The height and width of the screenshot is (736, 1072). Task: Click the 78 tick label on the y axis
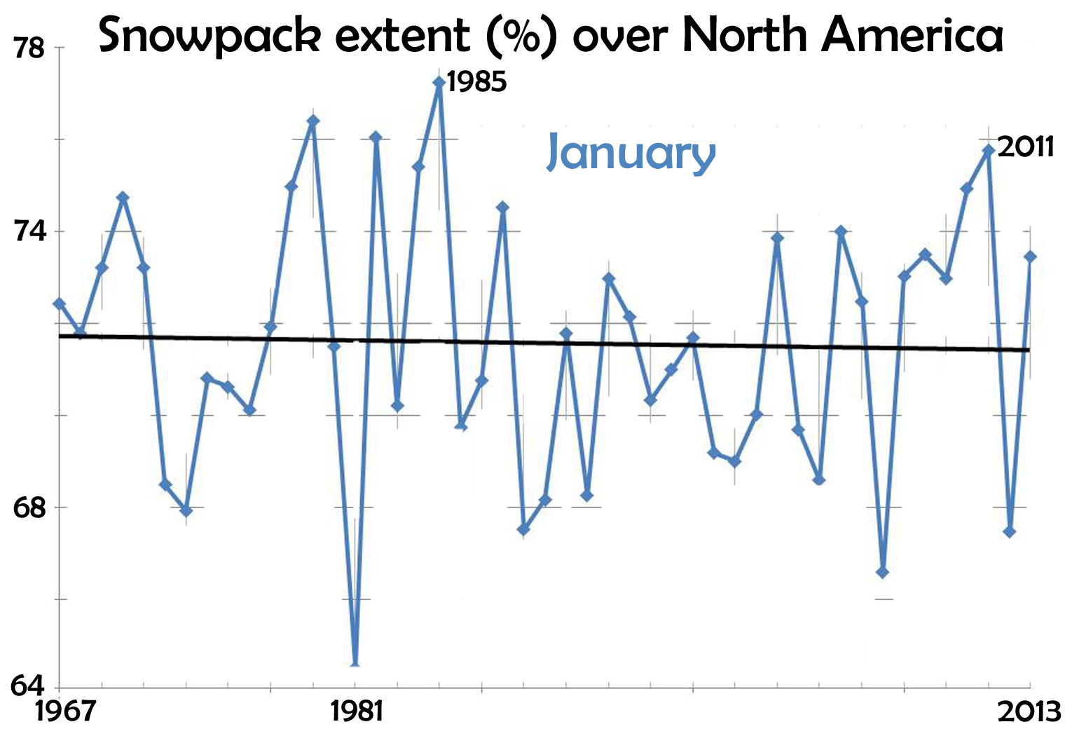29,49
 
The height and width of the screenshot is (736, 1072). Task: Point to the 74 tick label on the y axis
29,232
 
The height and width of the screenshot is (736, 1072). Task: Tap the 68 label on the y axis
29,508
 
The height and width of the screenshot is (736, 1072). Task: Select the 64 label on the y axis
28,686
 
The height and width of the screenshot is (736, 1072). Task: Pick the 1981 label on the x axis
357,711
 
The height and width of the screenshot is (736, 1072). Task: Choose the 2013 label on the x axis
1029,713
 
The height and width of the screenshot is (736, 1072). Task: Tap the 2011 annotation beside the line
1025,146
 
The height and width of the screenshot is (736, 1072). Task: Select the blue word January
631,151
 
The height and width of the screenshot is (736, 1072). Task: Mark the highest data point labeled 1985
439,83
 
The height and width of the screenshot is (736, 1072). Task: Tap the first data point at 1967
60,304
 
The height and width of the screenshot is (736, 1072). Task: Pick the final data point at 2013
1030,257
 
